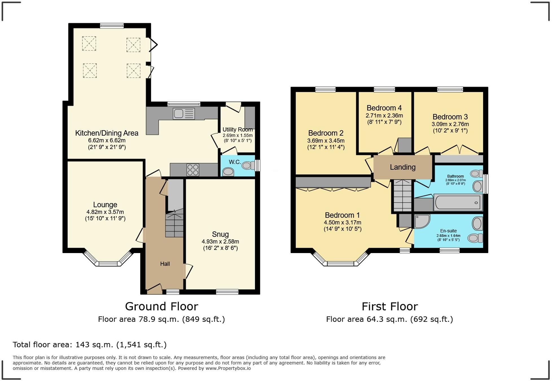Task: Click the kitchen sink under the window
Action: [x=184, y=114]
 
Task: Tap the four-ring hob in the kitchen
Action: [x=193, y=170]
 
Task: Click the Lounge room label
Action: [x=105, y=205]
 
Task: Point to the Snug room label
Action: [x=220, y=234]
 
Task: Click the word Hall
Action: [x=165, y=264]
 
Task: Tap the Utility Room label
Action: [x=238, y=130]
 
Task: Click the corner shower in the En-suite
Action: [x=422, y=221]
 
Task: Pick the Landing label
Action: [x=403, y=167]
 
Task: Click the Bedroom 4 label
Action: [x=384, y=108]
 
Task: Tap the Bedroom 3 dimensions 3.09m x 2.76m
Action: [x=450, y=124]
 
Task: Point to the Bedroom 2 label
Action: [x=326, y=133]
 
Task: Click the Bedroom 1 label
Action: [x=342, y=215]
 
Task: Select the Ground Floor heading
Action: [x=161, y=306]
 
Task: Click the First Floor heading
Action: [x=390, y=306]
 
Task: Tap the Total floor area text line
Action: [x=90, y=345]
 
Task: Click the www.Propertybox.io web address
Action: [x=228, y=368]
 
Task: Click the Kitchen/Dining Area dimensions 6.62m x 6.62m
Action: [x=107, y=140]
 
